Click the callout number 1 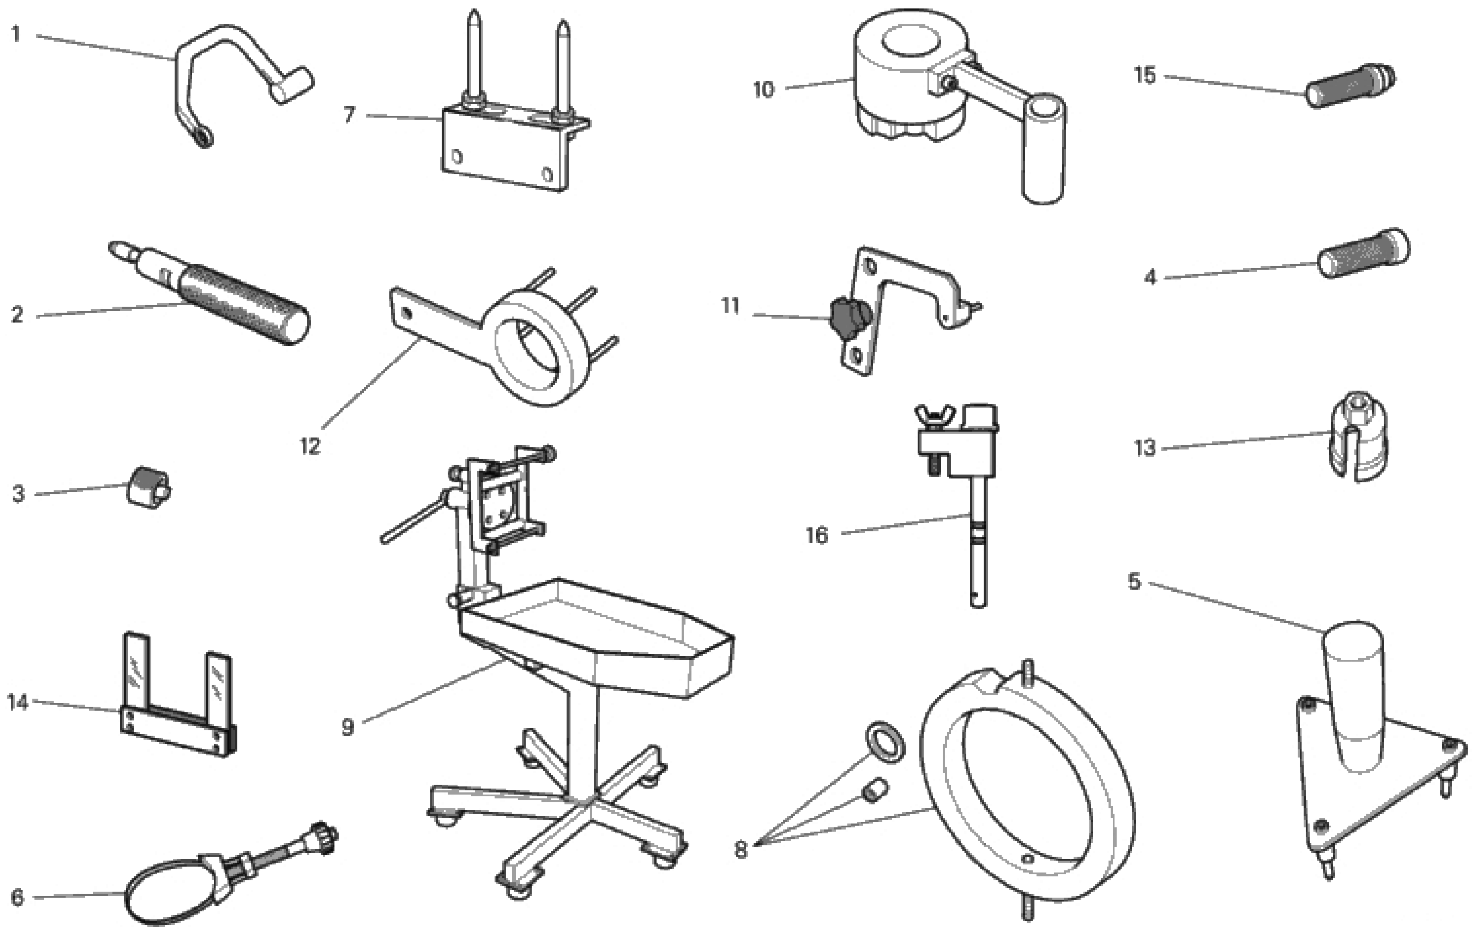point(16,34)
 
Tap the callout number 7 point(350,115)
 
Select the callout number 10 point(764,90)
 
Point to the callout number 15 point(1145,75)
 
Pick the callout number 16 point(816,536)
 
